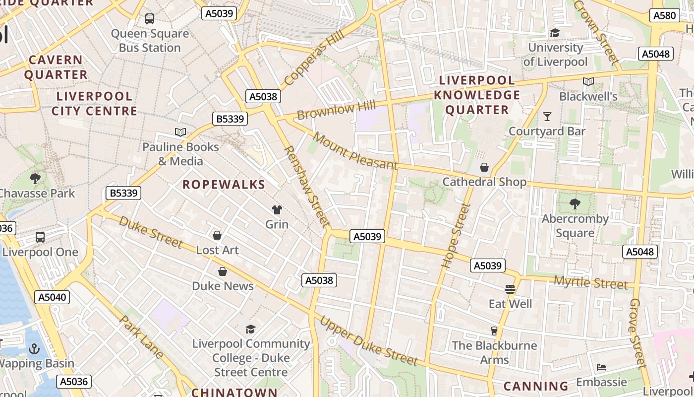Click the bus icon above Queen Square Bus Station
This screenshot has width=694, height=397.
[150, 19]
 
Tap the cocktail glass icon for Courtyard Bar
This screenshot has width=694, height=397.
[547, 117]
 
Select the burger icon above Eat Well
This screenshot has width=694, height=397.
[510, 289]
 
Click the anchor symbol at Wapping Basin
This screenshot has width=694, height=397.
[34, 349]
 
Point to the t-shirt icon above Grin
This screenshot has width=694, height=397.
[277, 210]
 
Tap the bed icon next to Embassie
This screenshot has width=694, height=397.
[601, 367]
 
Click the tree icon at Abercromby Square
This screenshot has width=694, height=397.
[575, 203]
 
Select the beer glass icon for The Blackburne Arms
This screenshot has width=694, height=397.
[494, 331]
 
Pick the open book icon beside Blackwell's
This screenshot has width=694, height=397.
[588, 82]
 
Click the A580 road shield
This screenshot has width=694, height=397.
[664, 15]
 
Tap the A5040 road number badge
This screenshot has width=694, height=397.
[52, 297]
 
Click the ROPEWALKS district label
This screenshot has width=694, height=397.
[224, 185]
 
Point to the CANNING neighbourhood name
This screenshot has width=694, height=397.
[536, 386]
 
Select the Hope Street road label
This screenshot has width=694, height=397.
[455, 236]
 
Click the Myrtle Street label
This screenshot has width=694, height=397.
[590, 283]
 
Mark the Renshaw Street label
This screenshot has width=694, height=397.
[306, 187]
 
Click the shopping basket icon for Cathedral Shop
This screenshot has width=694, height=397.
[484, 167]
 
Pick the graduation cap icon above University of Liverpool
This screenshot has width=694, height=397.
[555, 33]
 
